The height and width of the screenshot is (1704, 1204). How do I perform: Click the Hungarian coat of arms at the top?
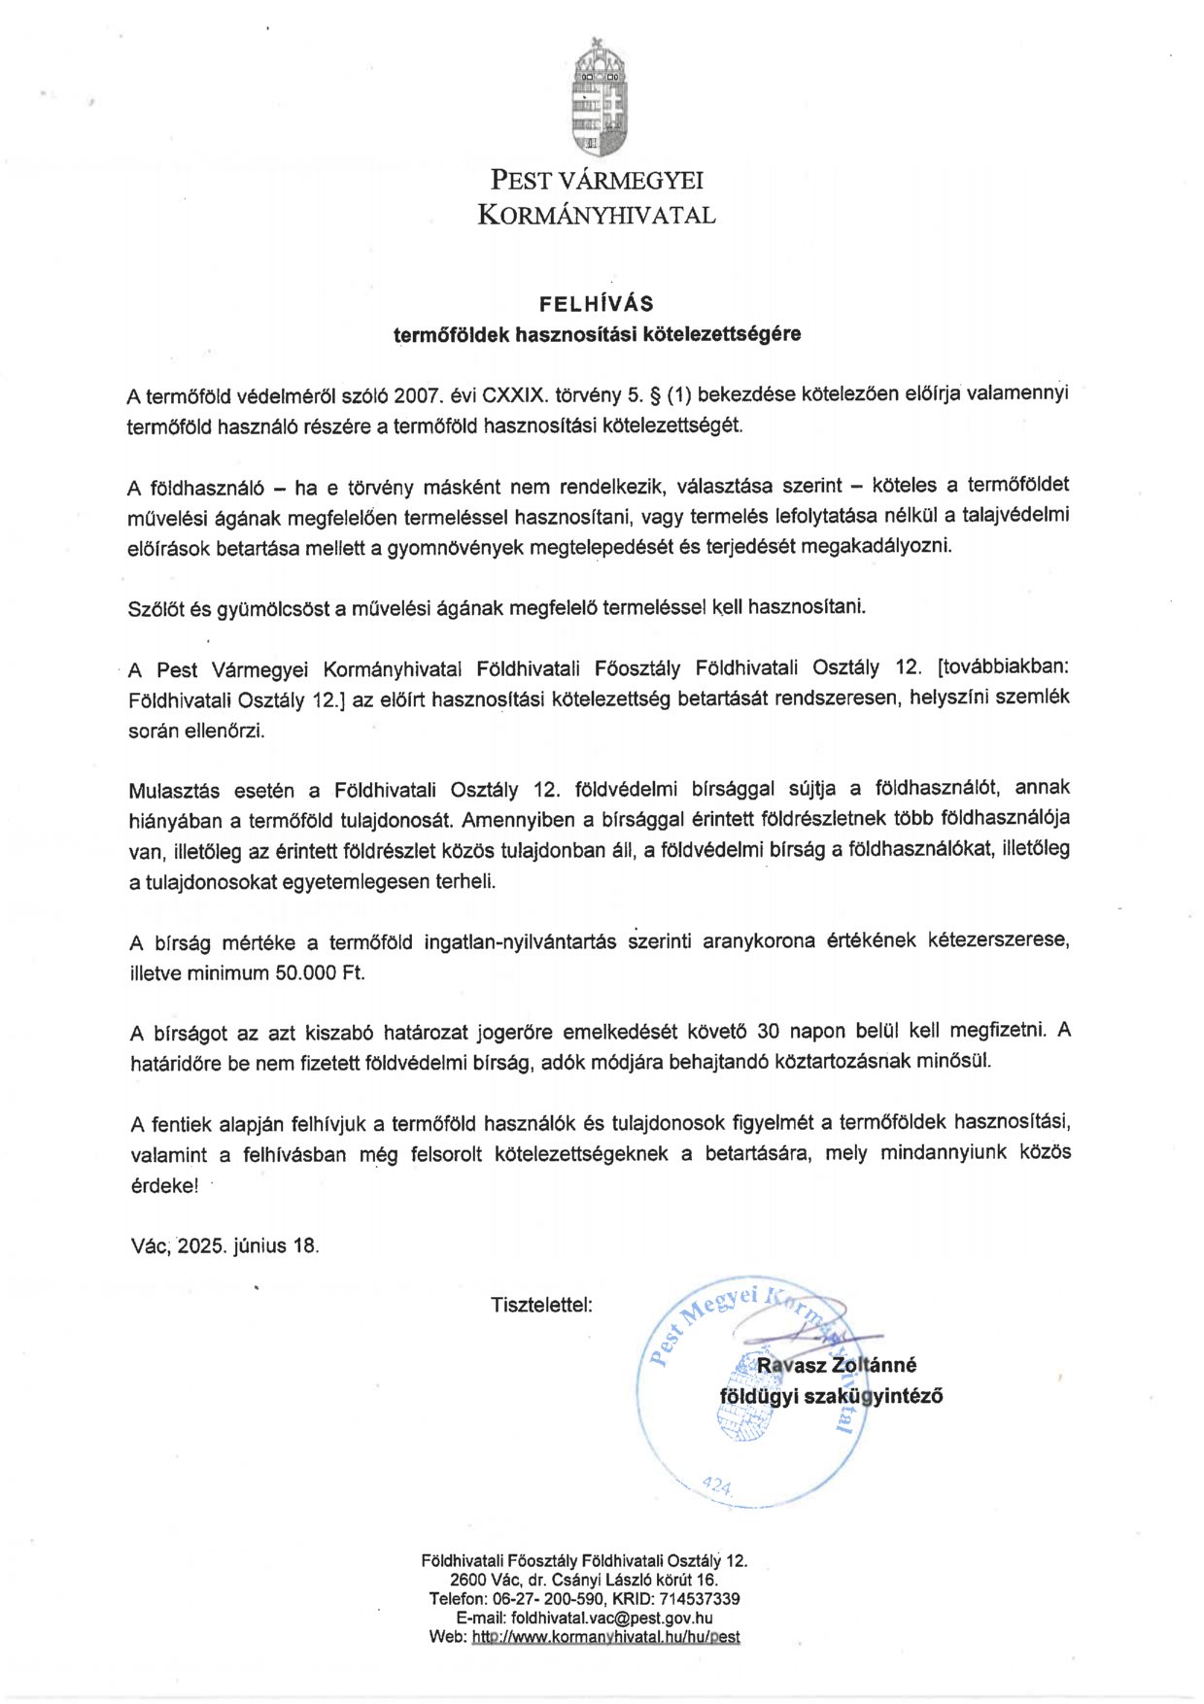pyautogui.click(x=599, y=97)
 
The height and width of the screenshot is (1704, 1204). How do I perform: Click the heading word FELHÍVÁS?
pyautogui.click(x=597, y=303)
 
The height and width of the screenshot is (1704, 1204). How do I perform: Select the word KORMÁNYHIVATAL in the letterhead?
pyautogui.click(x=597, y=216)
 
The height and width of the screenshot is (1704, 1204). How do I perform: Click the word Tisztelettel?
pyautogui.click(x=541, y=1305)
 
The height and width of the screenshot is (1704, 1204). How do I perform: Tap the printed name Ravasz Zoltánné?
pyautogui.click(x=837, y=1365)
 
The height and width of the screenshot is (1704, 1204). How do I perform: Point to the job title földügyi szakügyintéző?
pyautogui.click(x=831, y=1396)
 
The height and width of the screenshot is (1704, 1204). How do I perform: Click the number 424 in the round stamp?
pyautogui.click(x=716, y=1485)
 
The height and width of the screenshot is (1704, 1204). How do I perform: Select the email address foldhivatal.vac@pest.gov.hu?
pyautogui.click(x=611, y=1618)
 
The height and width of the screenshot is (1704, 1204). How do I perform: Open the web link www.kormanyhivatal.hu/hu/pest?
pyautogui.click(x=605, y=1636)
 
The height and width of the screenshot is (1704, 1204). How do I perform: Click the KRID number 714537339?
pyautogui.click(x=700, y=1598)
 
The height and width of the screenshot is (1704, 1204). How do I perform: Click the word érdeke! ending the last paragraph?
pyautogui.click(x=164, y=1186)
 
